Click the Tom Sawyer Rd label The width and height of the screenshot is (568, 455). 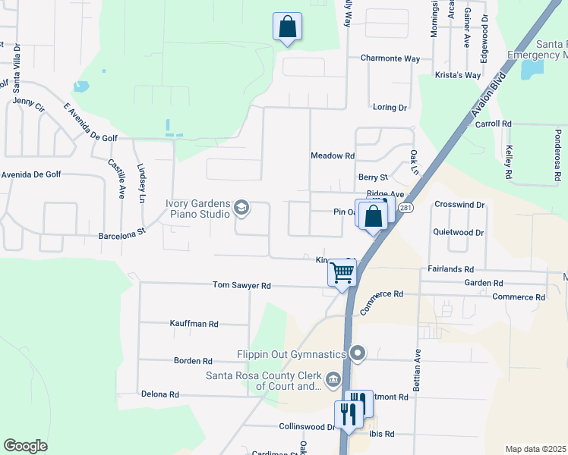tap(241, 286)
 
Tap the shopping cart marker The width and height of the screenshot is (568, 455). tap(342, 271)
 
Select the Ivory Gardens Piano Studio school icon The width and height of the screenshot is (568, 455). tap(241, 207)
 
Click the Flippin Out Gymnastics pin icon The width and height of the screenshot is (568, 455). tap(358, 353)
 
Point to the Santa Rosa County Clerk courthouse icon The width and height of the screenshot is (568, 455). tap(333, 379)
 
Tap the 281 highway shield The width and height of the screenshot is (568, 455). tap(406, 209)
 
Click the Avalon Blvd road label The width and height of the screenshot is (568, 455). tap(487, 98)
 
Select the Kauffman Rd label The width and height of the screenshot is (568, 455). tap(194, 324)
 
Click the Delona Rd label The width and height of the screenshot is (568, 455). tap(159, 394)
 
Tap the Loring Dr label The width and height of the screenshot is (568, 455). tap(390, 108)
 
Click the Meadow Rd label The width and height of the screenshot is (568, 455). tap(333, 155)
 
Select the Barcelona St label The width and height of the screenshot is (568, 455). tap(121, 235)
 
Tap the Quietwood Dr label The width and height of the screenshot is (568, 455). tap(458, 232)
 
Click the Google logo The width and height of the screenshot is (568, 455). tap(25, 446)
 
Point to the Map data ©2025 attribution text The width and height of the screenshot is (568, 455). tap(535, 449)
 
